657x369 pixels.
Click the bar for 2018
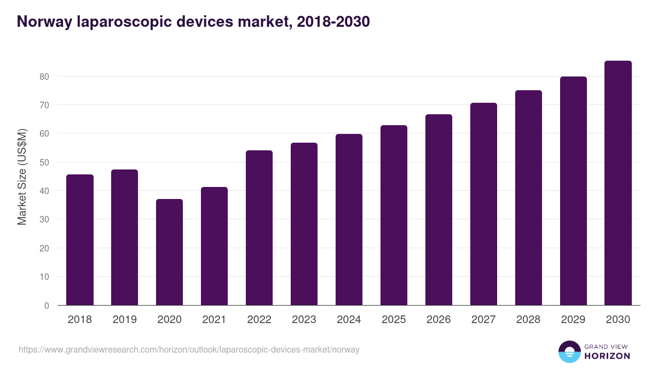pos(80,240)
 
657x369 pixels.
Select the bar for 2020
pos(170,252)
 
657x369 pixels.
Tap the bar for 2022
pos(259,228)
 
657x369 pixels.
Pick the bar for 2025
pos(394,215)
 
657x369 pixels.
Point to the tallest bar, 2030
pos(618,183)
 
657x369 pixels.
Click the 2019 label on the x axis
pos(125,320)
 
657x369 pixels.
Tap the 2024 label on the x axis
pos(349,320)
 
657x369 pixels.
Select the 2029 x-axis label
pos(573,320)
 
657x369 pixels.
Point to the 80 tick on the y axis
pos(44,77)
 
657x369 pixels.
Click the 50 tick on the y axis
pos(44,162)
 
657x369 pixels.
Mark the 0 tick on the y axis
pos(47,306)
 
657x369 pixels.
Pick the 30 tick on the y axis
pos(44,220)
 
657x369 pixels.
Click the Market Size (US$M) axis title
pos(22,177)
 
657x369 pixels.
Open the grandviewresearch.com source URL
pos(189,349)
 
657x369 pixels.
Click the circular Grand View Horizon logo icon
pos(569,352)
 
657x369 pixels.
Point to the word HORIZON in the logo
pos(607,356)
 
